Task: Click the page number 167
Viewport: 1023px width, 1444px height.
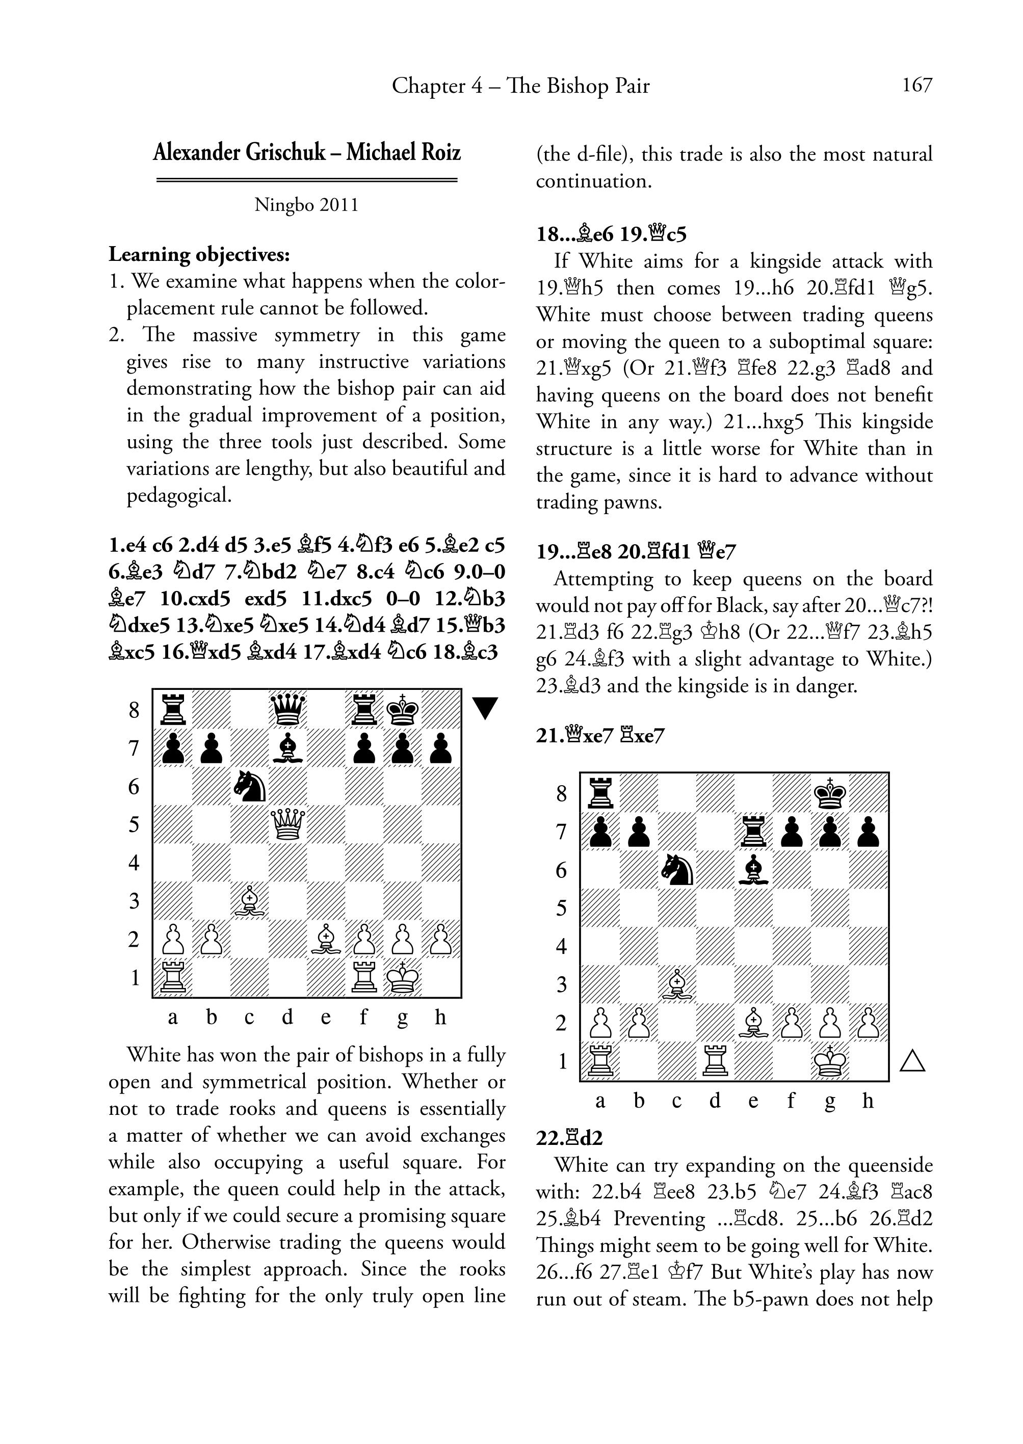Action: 916,85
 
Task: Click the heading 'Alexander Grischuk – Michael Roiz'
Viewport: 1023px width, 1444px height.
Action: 307,153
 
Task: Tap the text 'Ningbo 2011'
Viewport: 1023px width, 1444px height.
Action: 307,205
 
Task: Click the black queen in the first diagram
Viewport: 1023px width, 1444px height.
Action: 288,710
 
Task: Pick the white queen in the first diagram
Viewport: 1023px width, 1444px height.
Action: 288,824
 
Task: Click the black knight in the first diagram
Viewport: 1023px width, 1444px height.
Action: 249,787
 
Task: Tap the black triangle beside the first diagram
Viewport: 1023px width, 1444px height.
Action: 485,708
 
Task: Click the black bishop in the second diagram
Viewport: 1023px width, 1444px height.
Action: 753,870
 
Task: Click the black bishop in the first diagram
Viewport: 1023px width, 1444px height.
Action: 288,748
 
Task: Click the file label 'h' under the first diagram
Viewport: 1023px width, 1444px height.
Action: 440,1017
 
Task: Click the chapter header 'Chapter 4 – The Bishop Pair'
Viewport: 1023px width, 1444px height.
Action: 520,86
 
